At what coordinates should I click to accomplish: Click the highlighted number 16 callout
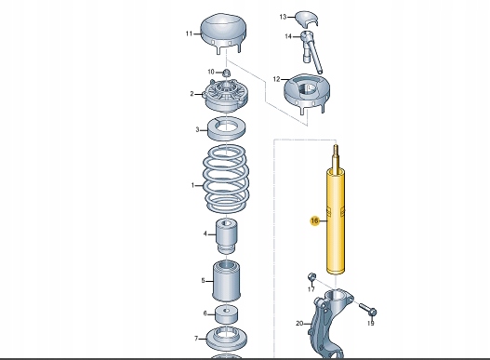(314, 220)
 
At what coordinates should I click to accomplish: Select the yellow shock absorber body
(336, 221)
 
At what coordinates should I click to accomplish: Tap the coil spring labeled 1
(226, 180)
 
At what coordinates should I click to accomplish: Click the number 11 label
(189, 33)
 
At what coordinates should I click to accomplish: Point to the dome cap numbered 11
(223, 33)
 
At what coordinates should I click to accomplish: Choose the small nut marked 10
(226, 73)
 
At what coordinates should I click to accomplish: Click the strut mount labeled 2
(226, 96)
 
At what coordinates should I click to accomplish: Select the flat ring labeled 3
(227, 128)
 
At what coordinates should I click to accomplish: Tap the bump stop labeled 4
(226, 236)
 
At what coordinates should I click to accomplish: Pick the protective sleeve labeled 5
(226, 281)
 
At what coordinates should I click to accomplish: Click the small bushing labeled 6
(226, 314)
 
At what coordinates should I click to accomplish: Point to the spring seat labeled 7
(227, 339)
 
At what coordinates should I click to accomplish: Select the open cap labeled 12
(307, 93)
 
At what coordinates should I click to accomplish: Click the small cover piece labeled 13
(308, 20)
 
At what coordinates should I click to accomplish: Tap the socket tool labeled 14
(311, 50)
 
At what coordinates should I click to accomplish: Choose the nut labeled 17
(311, 277)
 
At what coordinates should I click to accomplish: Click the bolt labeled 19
(368, 309)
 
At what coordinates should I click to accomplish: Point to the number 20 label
(299, 324)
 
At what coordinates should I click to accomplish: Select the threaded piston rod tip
(336, 156)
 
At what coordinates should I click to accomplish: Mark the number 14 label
(288, 36)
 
